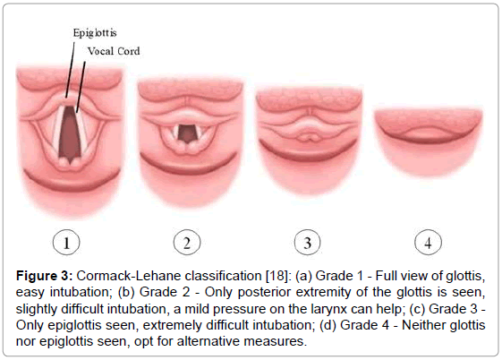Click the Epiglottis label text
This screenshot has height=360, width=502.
95,33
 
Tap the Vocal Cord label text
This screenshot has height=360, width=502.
114,51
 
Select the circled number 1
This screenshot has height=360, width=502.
66,243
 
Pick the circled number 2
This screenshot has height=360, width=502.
187,243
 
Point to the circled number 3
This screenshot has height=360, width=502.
307,243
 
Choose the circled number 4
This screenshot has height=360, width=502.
428,243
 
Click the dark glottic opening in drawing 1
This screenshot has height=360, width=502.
70,133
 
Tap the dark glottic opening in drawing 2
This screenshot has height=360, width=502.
186,133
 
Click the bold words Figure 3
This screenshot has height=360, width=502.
45,276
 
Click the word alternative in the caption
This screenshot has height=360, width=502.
208,341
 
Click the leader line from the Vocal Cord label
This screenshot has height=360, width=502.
81,87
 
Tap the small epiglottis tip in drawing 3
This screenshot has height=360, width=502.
308,137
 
